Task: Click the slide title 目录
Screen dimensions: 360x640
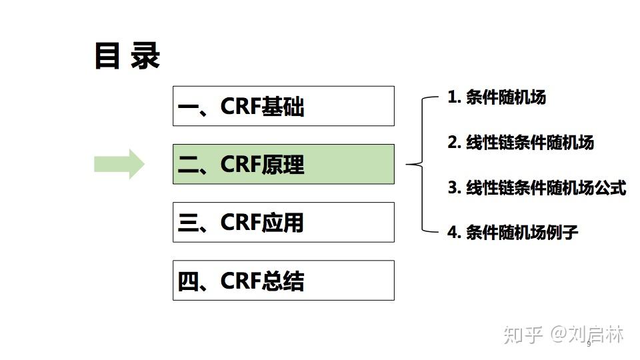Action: coord(127,56)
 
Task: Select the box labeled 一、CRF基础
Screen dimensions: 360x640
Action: coord(283,106)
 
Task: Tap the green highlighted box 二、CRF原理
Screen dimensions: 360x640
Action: coord(283,164)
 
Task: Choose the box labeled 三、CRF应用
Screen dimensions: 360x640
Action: coord(283,222)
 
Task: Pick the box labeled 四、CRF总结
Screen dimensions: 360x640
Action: coord(283,281)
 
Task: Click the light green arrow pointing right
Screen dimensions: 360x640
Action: coord(119,164)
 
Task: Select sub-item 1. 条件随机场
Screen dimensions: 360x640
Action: coord(497,97)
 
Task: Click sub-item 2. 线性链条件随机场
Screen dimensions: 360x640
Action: coord(521,143)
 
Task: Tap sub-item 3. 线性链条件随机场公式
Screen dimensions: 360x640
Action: coord(537,188)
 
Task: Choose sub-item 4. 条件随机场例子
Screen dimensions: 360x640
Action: coord(513,233)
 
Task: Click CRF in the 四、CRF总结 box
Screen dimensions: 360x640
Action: coord(240,281)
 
